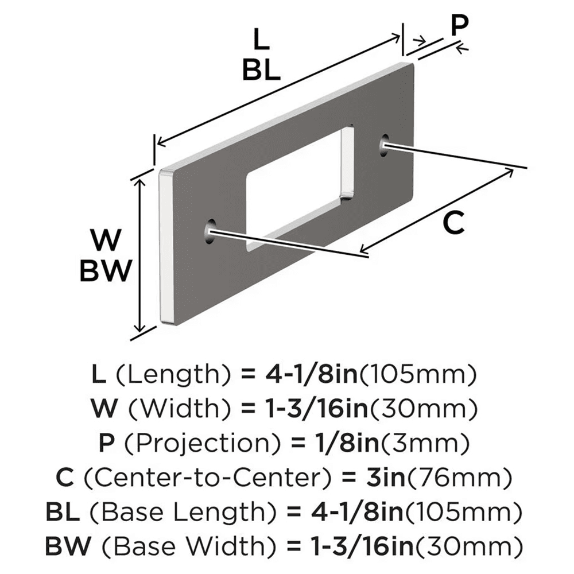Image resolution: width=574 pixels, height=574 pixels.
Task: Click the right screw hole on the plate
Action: (x=384, y=145)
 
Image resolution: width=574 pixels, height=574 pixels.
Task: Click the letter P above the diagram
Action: (x=459, y=26)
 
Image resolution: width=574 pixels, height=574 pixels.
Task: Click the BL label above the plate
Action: (x=261, y=70)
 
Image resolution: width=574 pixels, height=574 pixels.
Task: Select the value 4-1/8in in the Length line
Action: (x=311, y=376)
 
